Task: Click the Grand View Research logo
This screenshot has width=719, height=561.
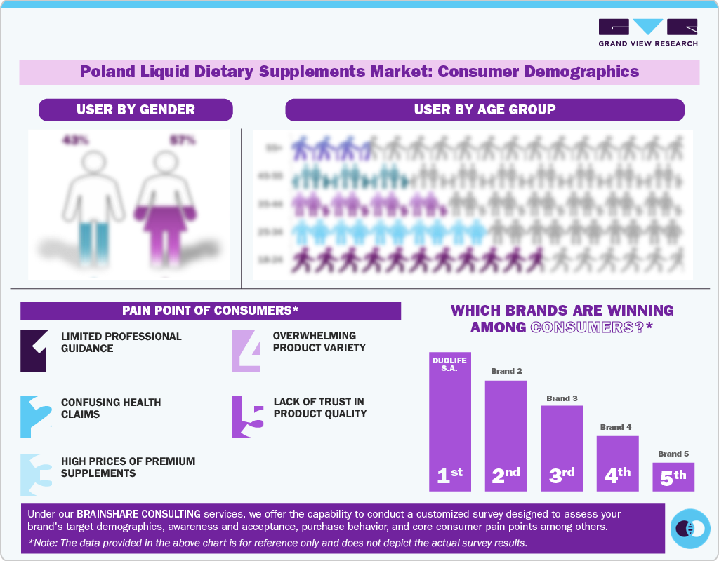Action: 647,32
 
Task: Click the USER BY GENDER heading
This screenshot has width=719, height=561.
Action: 136,109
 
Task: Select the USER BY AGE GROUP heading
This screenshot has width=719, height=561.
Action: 484,109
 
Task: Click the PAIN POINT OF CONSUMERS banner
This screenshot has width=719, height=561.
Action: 210,311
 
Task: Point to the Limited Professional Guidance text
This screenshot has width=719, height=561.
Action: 121,342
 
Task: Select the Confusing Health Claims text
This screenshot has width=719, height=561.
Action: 111,408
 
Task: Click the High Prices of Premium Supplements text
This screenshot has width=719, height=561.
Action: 128,467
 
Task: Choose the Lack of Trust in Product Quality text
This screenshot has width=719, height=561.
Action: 319,407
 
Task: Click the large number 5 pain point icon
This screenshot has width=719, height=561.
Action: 248,417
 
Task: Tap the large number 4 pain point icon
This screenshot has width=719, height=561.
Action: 248,350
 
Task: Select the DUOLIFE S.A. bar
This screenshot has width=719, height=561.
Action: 450,421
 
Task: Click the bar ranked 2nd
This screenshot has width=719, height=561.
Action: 506,435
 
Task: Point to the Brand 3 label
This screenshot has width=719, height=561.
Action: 561,398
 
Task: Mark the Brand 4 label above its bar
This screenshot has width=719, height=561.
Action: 616,427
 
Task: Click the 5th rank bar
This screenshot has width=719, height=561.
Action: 673,476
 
